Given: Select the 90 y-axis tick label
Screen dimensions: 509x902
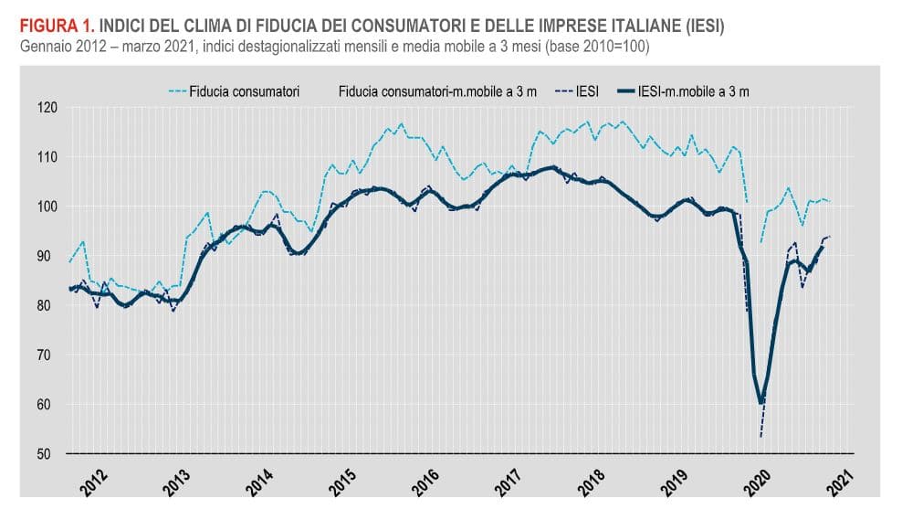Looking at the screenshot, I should (x=48, y=256).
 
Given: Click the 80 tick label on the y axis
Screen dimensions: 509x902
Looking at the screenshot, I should (x=48, y=305).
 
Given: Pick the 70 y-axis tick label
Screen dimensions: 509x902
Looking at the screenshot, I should (x=48, y=355).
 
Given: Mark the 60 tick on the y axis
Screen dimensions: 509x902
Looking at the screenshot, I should (x=48, y=404).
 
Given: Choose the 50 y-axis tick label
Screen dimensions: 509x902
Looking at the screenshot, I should (x=48, y=453).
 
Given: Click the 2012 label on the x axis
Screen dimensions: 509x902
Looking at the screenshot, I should (x=95, y=481).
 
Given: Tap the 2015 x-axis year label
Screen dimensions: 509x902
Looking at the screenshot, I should (x=344, y=481).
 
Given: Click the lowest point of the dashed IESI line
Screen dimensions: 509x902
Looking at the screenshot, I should (x=760, y=436).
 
